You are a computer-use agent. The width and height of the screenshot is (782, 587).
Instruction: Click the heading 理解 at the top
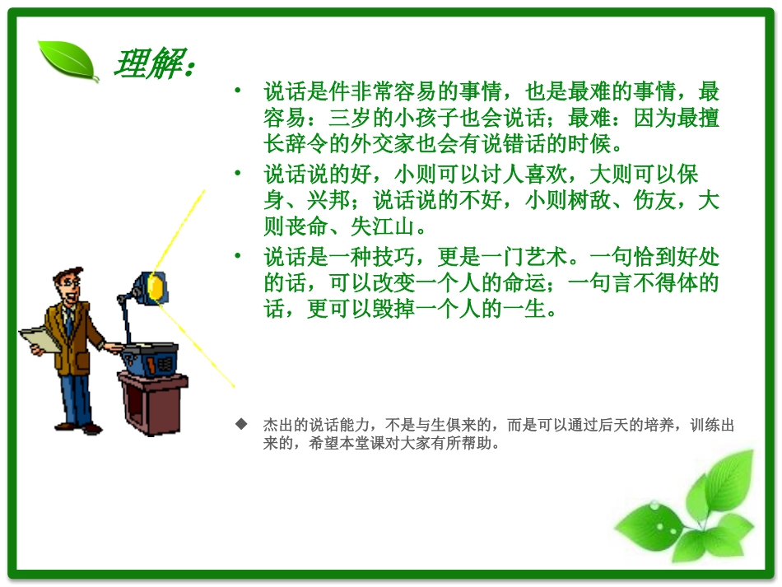pos(152,64)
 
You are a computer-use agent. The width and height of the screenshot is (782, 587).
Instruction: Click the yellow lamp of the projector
pos(156,285)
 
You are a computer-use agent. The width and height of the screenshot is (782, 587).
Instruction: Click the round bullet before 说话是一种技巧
pos(237,257)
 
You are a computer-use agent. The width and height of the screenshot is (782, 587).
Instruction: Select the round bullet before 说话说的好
pos(237,174)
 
